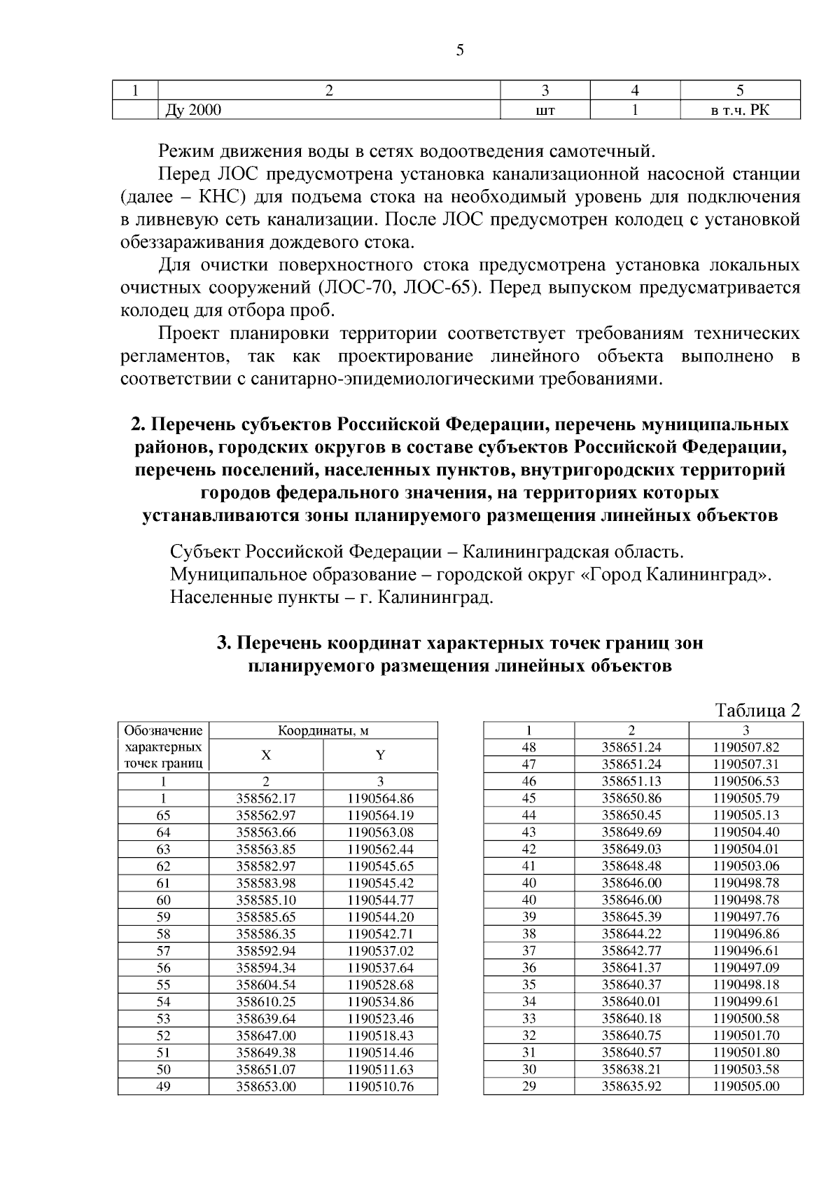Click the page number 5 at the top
click(460, 50)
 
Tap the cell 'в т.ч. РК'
click(740, 109)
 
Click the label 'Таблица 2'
click(757, 710)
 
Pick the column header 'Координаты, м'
click(323, 730)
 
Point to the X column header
click(266, 756)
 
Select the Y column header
click(380, 756)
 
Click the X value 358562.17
click(266, 798)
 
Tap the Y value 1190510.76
click(380, 1087)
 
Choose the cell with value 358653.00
click(266, 1087)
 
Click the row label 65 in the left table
click(163, 815)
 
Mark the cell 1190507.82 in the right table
click(745, 747)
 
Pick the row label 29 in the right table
click(529, 1087)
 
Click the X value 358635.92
click(631, 1087)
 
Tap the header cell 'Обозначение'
click(163, 730)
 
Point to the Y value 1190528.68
click(380, 985)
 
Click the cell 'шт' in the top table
click(545, 109)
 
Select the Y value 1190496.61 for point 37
click(745, 951)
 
